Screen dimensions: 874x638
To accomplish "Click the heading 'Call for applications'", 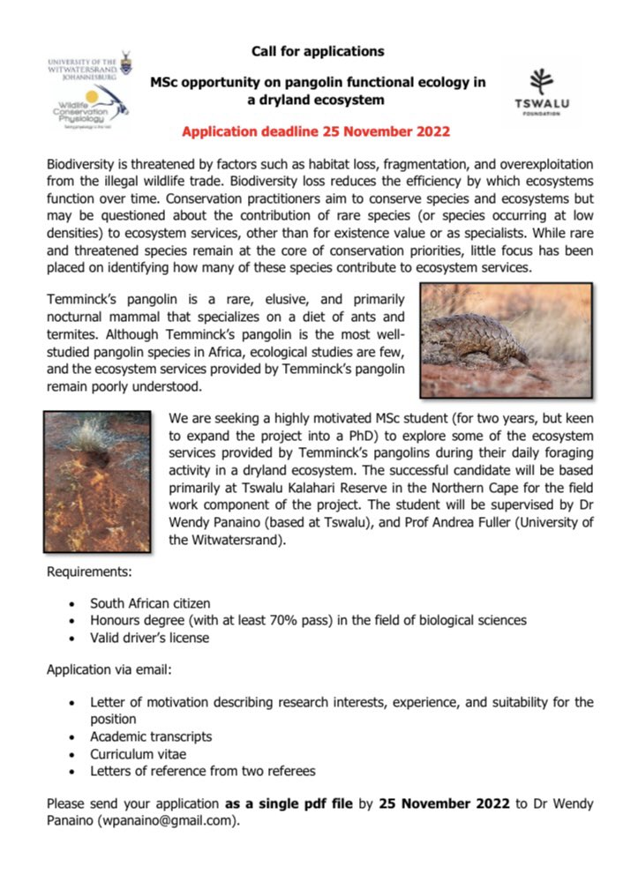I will (x=318, y=51).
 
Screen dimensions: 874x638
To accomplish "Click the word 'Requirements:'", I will (x=89, y=572).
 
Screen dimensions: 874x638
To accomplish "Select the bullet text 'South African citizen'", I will (x=150, y=603).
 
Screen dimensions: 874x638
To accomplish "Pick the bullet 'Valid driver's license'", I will (x=149, y=638).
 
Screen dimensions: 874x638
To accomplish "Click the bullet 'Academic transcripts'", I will (x=151, y=736).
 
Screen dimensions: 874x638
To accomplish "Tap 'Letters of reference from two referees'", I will (x=202, y=771).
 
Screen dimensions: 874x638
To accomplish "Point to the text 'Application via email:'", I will (x=109, y=670).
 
